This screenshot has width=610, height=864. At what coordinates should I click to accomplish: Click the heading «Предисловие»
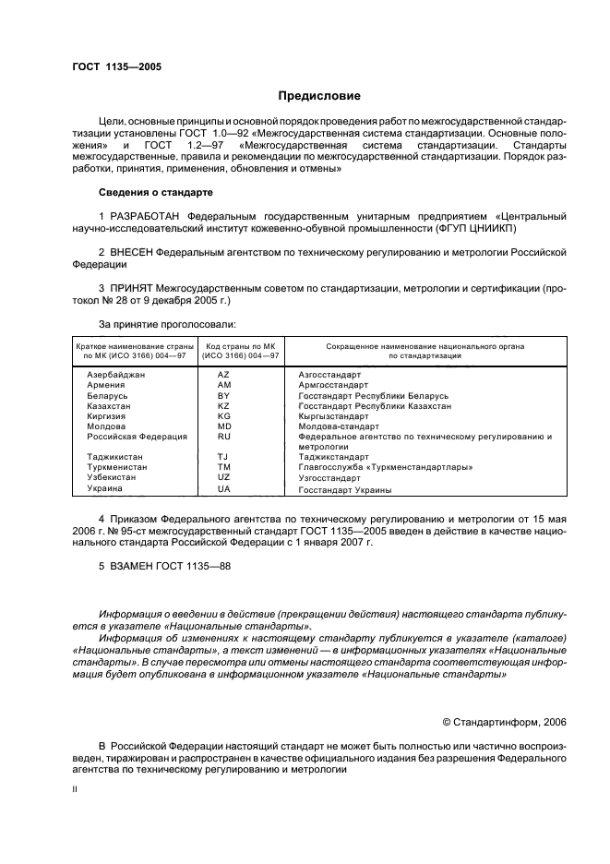point(319,96)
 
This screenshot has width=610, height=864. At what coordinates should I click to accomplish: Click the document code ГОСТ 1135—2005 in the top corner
point(115,67)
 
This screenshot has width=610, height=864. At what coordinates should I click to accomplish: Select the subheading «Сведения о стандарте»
point(155,192)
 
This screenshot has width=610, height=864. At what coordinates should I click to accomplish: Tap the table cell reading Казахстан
point(109,405)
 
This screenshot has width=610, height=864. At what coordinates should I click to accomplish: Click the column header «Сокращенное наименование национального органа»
point(425,346)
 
